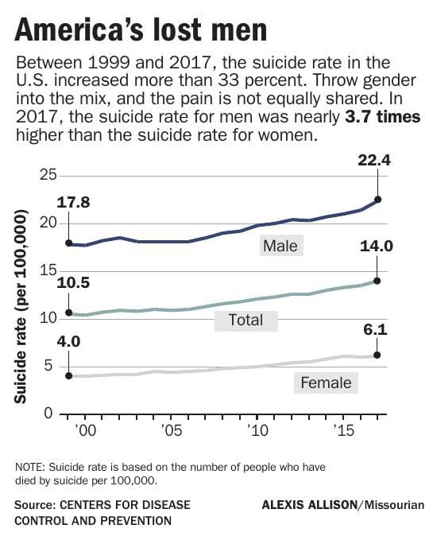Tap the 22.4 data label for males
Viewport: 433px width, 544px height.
[x=377, y=162]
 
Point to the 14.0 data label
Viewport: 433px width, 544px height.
[x=377, y=246]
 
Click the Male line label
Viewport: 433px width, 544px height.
[x=280, y=246]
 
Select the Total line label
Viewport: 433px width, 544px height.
[x=245, y=321]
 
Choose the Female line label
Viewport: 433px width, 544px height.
[x=326, y=383]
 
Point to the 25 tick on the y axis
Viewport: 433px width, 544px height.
[x=46, y=174]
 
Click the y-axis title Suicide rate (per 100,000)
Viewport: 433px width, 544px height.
[x=21, y=306]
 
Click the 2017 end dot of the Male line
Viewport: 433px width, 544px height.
[x=377, y=200]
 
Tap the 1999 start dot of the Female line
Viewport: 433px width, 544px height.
[x=69, y=375]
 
